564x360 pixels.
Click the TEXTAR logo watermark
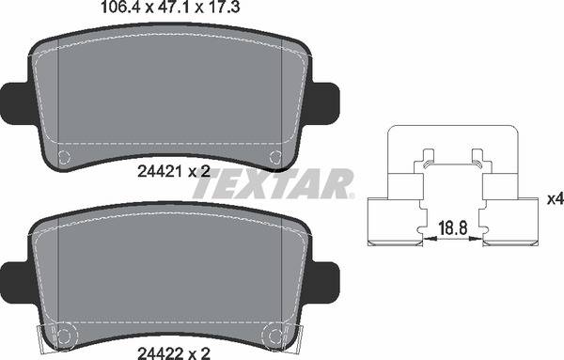tap(273, 183)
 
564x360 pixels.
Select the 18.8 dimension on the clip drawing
tap(453, 226)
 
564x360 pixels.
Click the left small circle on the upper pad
tap(64, 156)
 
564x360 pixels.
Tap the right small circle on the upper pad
tap(274, 156)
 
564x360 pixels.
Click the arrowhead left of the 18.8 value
tap(431, 240)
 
